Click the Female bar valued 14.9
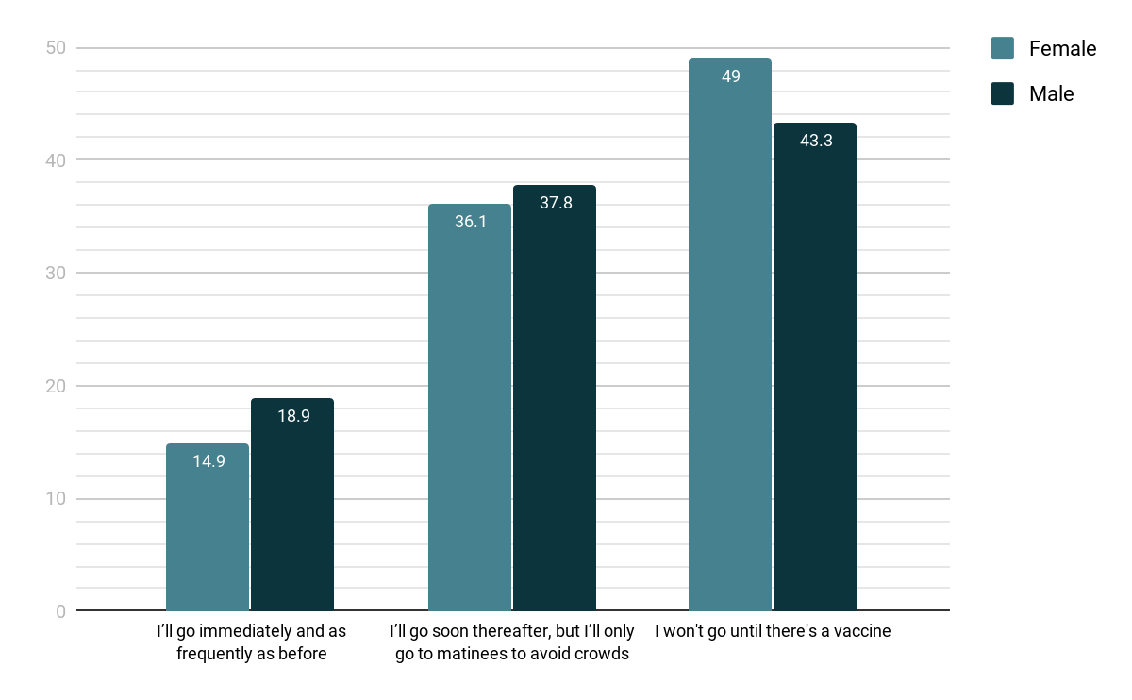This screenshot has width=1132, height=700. pyautogui.click(x=208, y=527)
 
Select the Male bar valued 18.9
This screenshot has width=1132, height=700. pyautogui.click(x=292, y=505)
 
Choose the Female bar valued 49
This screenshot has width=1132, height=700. pyautogui.click(x=730, y=335)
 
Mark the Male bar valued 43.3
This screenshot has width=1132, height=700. pyautogui.click(x=815, y=367)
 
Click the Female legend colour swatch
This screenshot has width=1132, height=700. pyautogui.click(x=1003, y=48)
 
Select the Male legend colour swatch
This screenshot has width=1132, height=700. pyautogui.click(x=1003, y=93)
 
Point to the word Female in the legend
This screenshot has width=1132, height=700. pyautogui.click(x=1062, y=48)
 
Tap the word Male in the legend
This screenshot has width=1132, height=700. pyautogui.click(x=1051, y=93)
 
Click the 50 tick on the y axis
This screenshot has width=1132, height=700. pyautogui.click(x=57, y=47)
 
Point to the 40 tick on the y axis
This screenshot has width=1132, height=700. pyautogui.click(x=57, y=160)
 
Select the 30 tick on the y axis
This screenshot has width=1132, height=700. pyautogui.click(x=57, y=273)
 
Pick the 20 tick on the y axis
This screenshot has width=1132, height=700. pyautogui.click(x=57, y=386)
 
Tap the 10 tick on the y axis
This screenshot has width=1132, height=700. pyautogui.click(x=57, y=498)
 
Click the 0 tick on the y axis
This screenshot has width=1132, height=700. pyautogui.click(x=60, y=611)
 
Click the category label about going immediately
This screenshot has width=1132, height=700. pyautogui.click(x=251, y=642)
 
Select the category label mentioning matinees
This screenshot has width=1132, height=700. pyautogui.click(x=512, y=642)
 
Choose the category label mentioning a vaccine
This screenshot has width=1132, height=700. pyautogui.click(x=773, y=631)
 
